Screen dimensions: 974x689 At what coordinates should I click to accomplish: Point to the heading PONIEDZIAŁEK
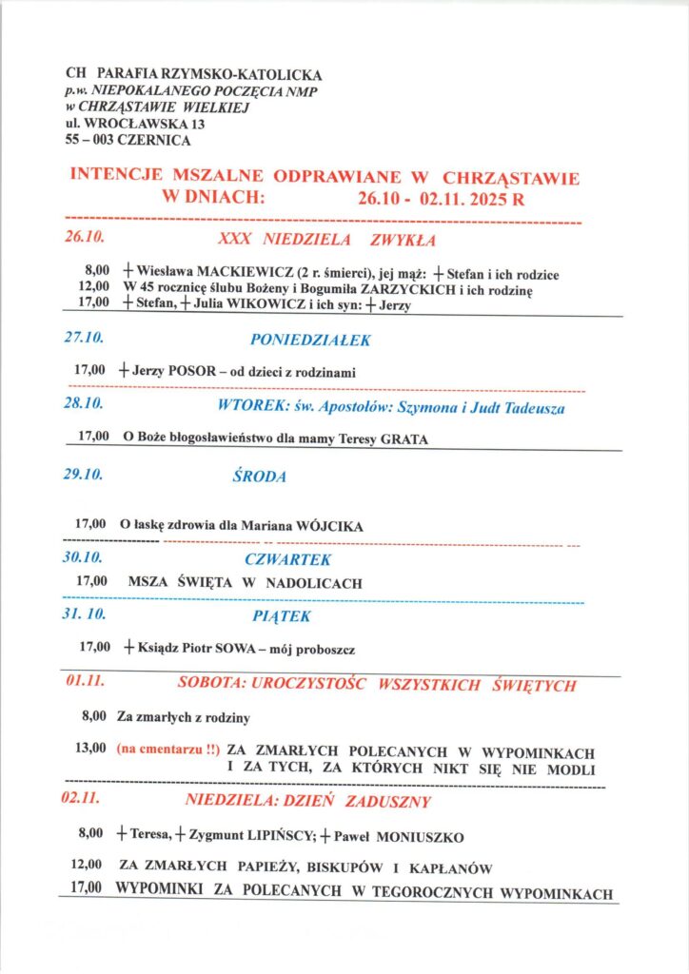coord(310,340)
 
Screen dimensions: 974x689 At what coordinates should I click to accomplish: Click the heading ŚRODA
coord(259,477)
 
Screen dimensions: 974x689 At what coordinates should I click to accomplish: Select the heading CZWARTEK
coord(287,559)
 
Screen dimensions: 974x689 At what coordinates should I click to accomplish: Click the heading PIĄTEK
coord(282,616)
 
